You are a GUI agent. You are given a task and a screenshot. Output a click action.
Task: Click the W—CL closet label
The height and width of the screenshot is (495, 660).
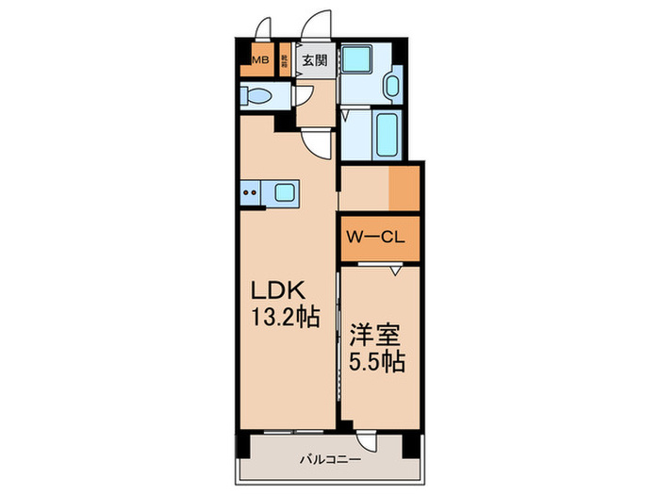[x=375, y=239]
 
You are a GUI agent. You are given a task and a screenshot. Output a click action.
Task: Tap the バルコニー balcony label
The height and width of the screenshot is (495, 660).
[x=329, y=460]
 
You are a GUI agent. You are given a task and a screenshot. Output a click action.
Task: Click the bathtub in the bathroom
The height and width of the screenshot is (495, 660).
[x=388, y=134]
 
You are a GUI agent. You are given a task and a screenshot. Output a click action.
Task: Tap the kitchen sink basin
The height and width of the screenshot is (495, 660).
[x=284, y=194]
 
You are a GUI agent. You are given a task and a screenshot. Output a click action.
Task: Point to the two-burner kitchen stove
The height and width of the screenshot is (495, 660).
[x=251, y=194]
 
